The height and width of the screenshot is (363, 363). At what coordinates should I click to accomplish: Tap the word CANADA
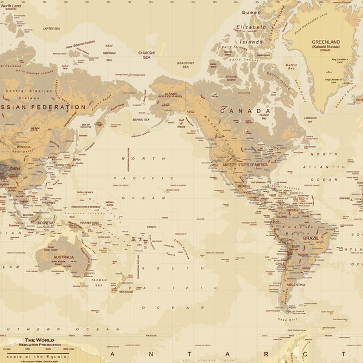(x=244, y=111)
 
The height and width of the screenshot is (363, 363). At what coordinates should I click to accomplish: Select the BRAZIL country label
(x=311, y=238)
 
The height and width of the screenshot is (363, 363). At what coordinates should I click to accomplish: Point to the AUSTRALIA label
(x=64, y=257)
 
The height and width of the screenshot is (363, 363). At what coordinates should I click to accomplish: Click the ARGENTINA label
(x=296, y=284)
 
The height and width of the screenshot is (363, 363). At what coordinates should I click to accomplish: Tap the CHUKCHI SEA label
(x=146, y=55)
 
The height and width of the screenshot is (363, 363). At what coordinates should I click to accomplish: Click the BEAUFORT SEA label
(x=185, y=64)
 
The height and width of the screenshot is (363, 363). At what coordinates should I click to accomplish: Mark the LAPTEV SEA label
(x=51, y=28)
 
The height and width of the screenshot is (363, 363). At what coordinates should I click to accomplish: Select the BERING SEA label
(x=140, y=120)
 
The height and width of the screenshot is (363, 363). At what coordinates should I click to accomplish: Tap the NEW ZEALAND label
(x=125, y=292)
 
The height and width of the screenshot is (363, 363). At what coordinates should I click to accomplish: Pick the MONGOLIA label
(x=25, y=147)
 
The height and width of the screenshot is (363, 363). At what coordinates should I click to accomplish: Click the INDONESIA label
(x=46, y=223)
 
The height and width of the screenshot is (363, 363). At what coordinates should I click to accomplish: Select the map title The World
(x=39, y=340)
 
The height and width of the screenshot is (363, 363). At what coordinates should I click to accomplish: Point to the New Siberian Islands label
(x=80, y=44)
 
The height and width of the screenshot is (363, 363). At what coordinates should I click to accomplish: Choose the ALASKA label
(x=171, y=94)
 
